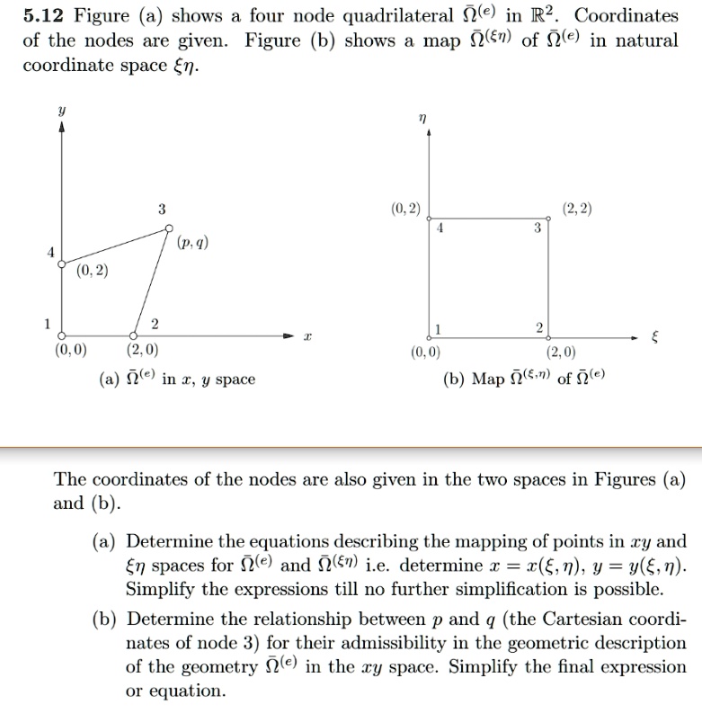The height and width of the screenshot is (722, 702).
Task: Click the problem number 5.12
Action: (45, 17)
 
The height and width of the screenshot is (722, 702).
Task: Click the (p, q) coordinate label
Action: (193, 242)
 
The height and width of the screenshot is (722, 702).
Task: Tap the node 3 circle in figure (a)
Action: (169, 229)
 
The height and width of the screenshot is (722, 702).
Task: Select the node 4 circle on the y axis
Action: (61, 264)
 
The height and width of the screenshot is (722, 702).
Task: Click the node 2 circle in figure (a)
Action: (134, 334)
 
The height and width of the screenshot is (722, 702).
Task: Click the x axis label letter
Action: (307, 335)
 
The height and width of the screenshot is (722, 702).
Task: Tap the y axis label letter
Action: (61, 106)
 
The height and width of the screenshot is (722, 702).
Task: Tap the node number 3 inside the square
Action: (537, 228)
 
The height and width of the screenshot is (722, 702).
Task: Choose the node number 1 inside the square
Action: (439, 326)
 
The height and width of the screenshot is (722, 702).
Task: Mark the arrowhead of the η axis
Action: (429, 134)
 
